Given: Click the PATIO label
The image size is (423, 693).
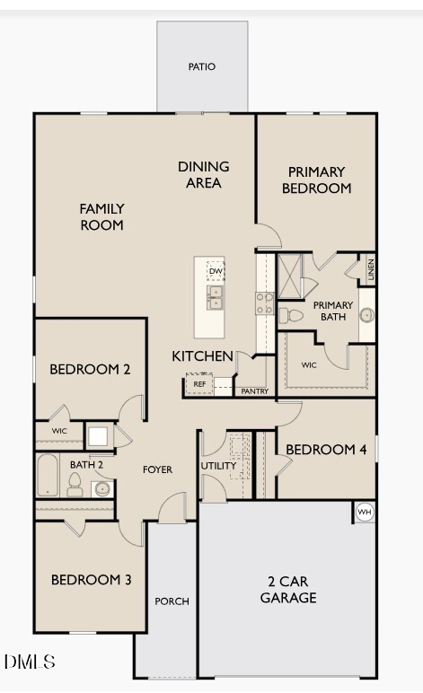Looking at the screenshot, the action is click(x=202, y=66).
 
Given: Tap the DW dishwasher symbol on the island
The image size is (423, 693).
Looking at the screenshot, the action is click(x=216, y=271).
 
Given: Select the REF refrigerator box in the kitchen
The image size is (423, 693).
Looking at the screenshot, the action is click(x=199, y=383).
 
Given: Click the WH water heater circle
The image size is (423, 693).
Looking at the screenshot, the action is click(x=365, y=513).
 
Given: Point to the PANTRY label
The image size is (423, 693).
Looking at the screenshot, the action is click(x=254, y=391).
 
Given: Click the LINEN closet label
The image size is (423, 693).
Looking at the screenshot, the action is click(x=371, y=269).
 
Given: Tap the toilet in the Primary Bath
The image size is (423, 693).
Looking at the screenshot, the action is click(x=290, y=316).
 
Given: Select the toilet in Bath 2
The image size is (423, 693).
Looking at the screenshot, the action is click(x=75, y=485).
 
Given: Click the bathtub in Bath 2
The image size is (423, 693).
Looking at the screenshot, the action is click(x=48, y=475).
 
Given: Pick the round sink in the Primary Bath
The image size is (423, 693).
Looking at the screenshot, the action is click(x=366, y=315).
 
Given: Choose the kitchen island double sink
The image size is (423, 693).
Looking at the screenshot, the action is click(x=216, y=297).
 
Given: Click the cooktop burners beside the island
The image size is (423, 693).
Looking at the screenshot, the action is click(x=264, y=303).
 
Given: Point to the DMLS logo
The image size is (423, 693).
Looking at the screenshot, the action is click(x=30, y=662).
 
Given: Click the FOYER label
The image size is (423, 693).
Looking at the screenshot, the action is click(x=157, y=469).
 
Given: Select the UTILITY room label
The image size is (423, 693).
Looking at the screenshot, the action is click(x=218, y=466).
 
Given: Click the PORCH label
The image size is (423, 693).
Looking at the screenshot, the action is click(x=172, y=601).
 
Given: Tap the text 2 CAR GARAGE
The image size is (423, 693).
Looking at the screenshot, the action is click(x=288, y=590).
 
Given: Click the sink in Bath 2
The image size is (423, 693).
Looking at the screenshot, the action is click(x=102, y=488).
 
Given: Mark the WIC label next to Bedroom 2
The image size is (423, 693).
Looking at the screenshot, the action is click(x=59, y=431).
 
